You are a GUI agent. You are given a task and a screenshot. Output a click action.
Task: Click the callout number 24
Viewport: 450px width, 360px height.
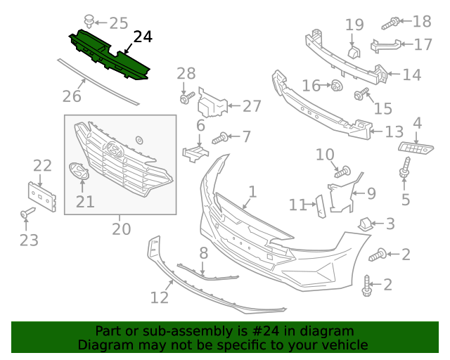click(143, 37)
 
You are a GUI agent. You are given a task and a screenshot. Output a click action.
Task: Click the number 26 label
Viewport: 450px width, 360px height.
click(72, 96)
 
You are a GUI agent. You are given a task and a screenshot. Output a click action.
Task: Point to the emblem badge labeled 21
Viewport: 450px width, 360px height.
click(79, 172)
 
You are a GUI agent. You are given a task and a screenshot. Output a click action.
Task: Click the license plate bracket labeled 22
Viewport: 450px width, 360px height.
click(41, 196)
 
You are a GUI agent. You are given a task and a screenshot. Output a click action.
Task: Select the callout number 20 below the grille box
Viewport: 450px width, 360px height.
click(121, 229)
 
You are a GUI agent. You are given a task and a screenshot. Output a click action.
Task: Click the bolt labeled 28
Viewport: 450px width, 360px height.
click(185, 99)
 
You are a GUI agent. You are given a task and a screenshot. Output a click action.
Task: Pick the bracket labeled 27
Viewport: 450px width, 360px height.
click(212, 104)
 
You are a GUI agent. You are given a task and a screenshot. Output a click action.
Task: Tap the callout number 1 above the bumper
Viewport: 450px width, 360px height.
click(252, 191)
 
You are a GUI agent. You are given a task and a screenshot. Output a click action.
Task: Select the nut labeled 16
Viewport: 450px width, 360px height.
click(337, 86)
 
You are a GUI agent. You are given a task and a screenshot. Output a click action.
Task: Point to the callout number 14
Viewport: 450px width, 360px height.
click(411, 74)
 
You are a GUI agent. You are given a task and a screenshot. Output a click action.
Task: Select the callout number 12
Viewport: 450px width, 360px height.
click(160, 297)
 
